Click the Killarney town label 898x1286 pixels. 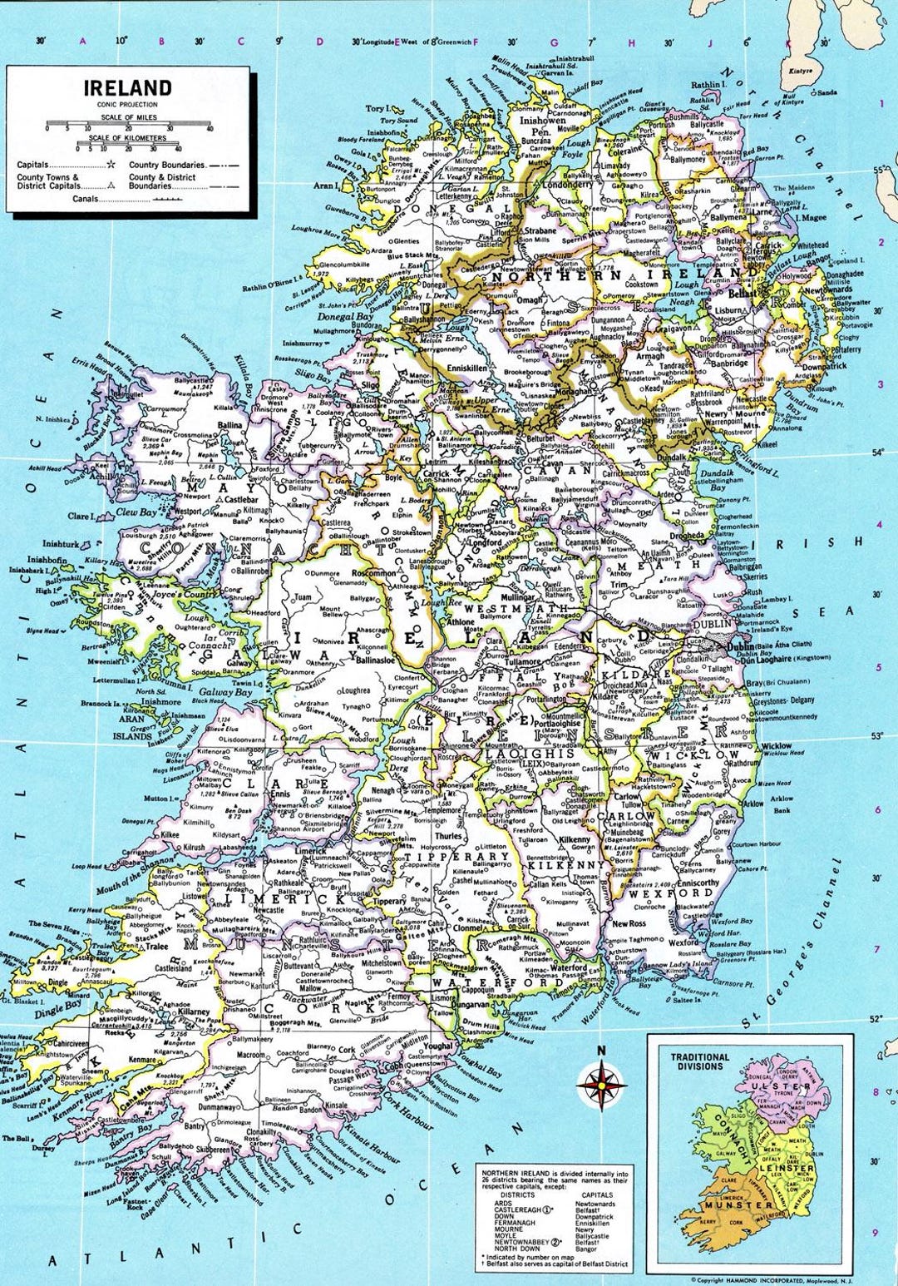coord(194,1012)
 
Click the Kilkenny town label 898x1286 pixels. coord(574,840)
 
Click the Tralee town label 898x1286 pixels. coord(157,947)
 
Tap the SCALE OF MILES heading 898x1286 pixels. coord(128,118)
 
